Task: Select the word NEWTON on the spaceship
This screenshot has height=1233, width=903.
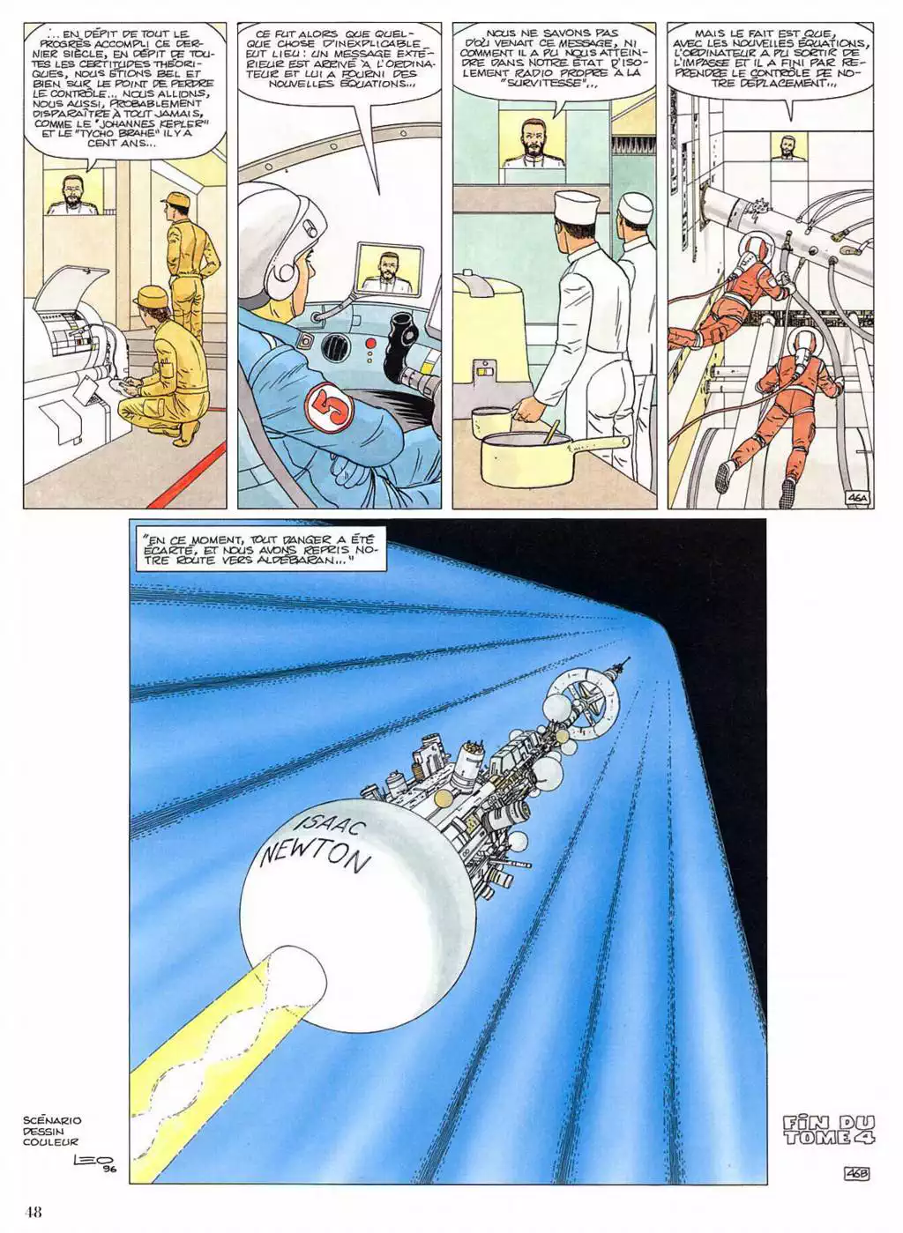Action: pos(313,858)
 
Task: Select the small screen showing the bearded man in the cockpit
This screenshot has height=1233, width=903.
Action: pos(391,268)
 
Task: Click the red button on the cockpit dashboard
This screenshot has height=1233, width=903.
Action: pos(370,343)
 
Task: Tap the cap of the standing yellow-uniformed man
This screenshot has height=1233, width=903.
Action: pos(174,198)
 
